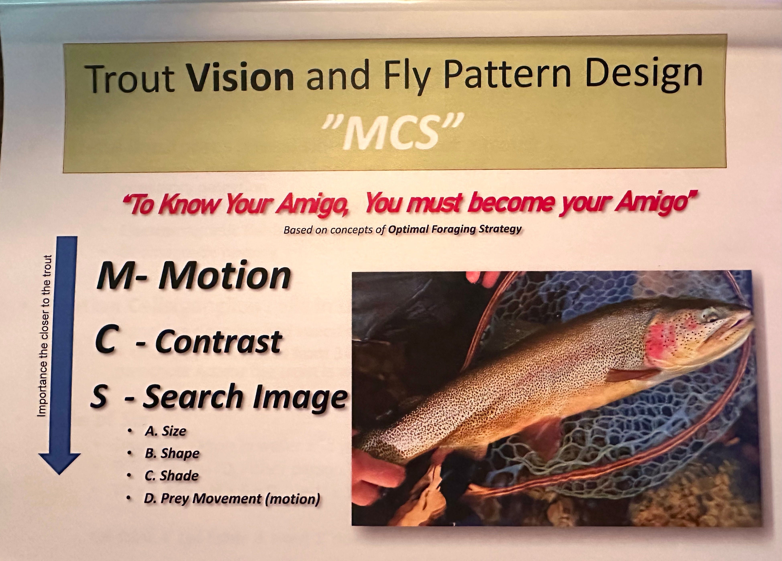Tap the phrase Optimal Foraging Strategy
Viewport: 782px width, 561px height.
coord(454,230)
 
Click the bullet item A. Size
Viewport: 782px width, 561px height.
coord(165,431)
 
